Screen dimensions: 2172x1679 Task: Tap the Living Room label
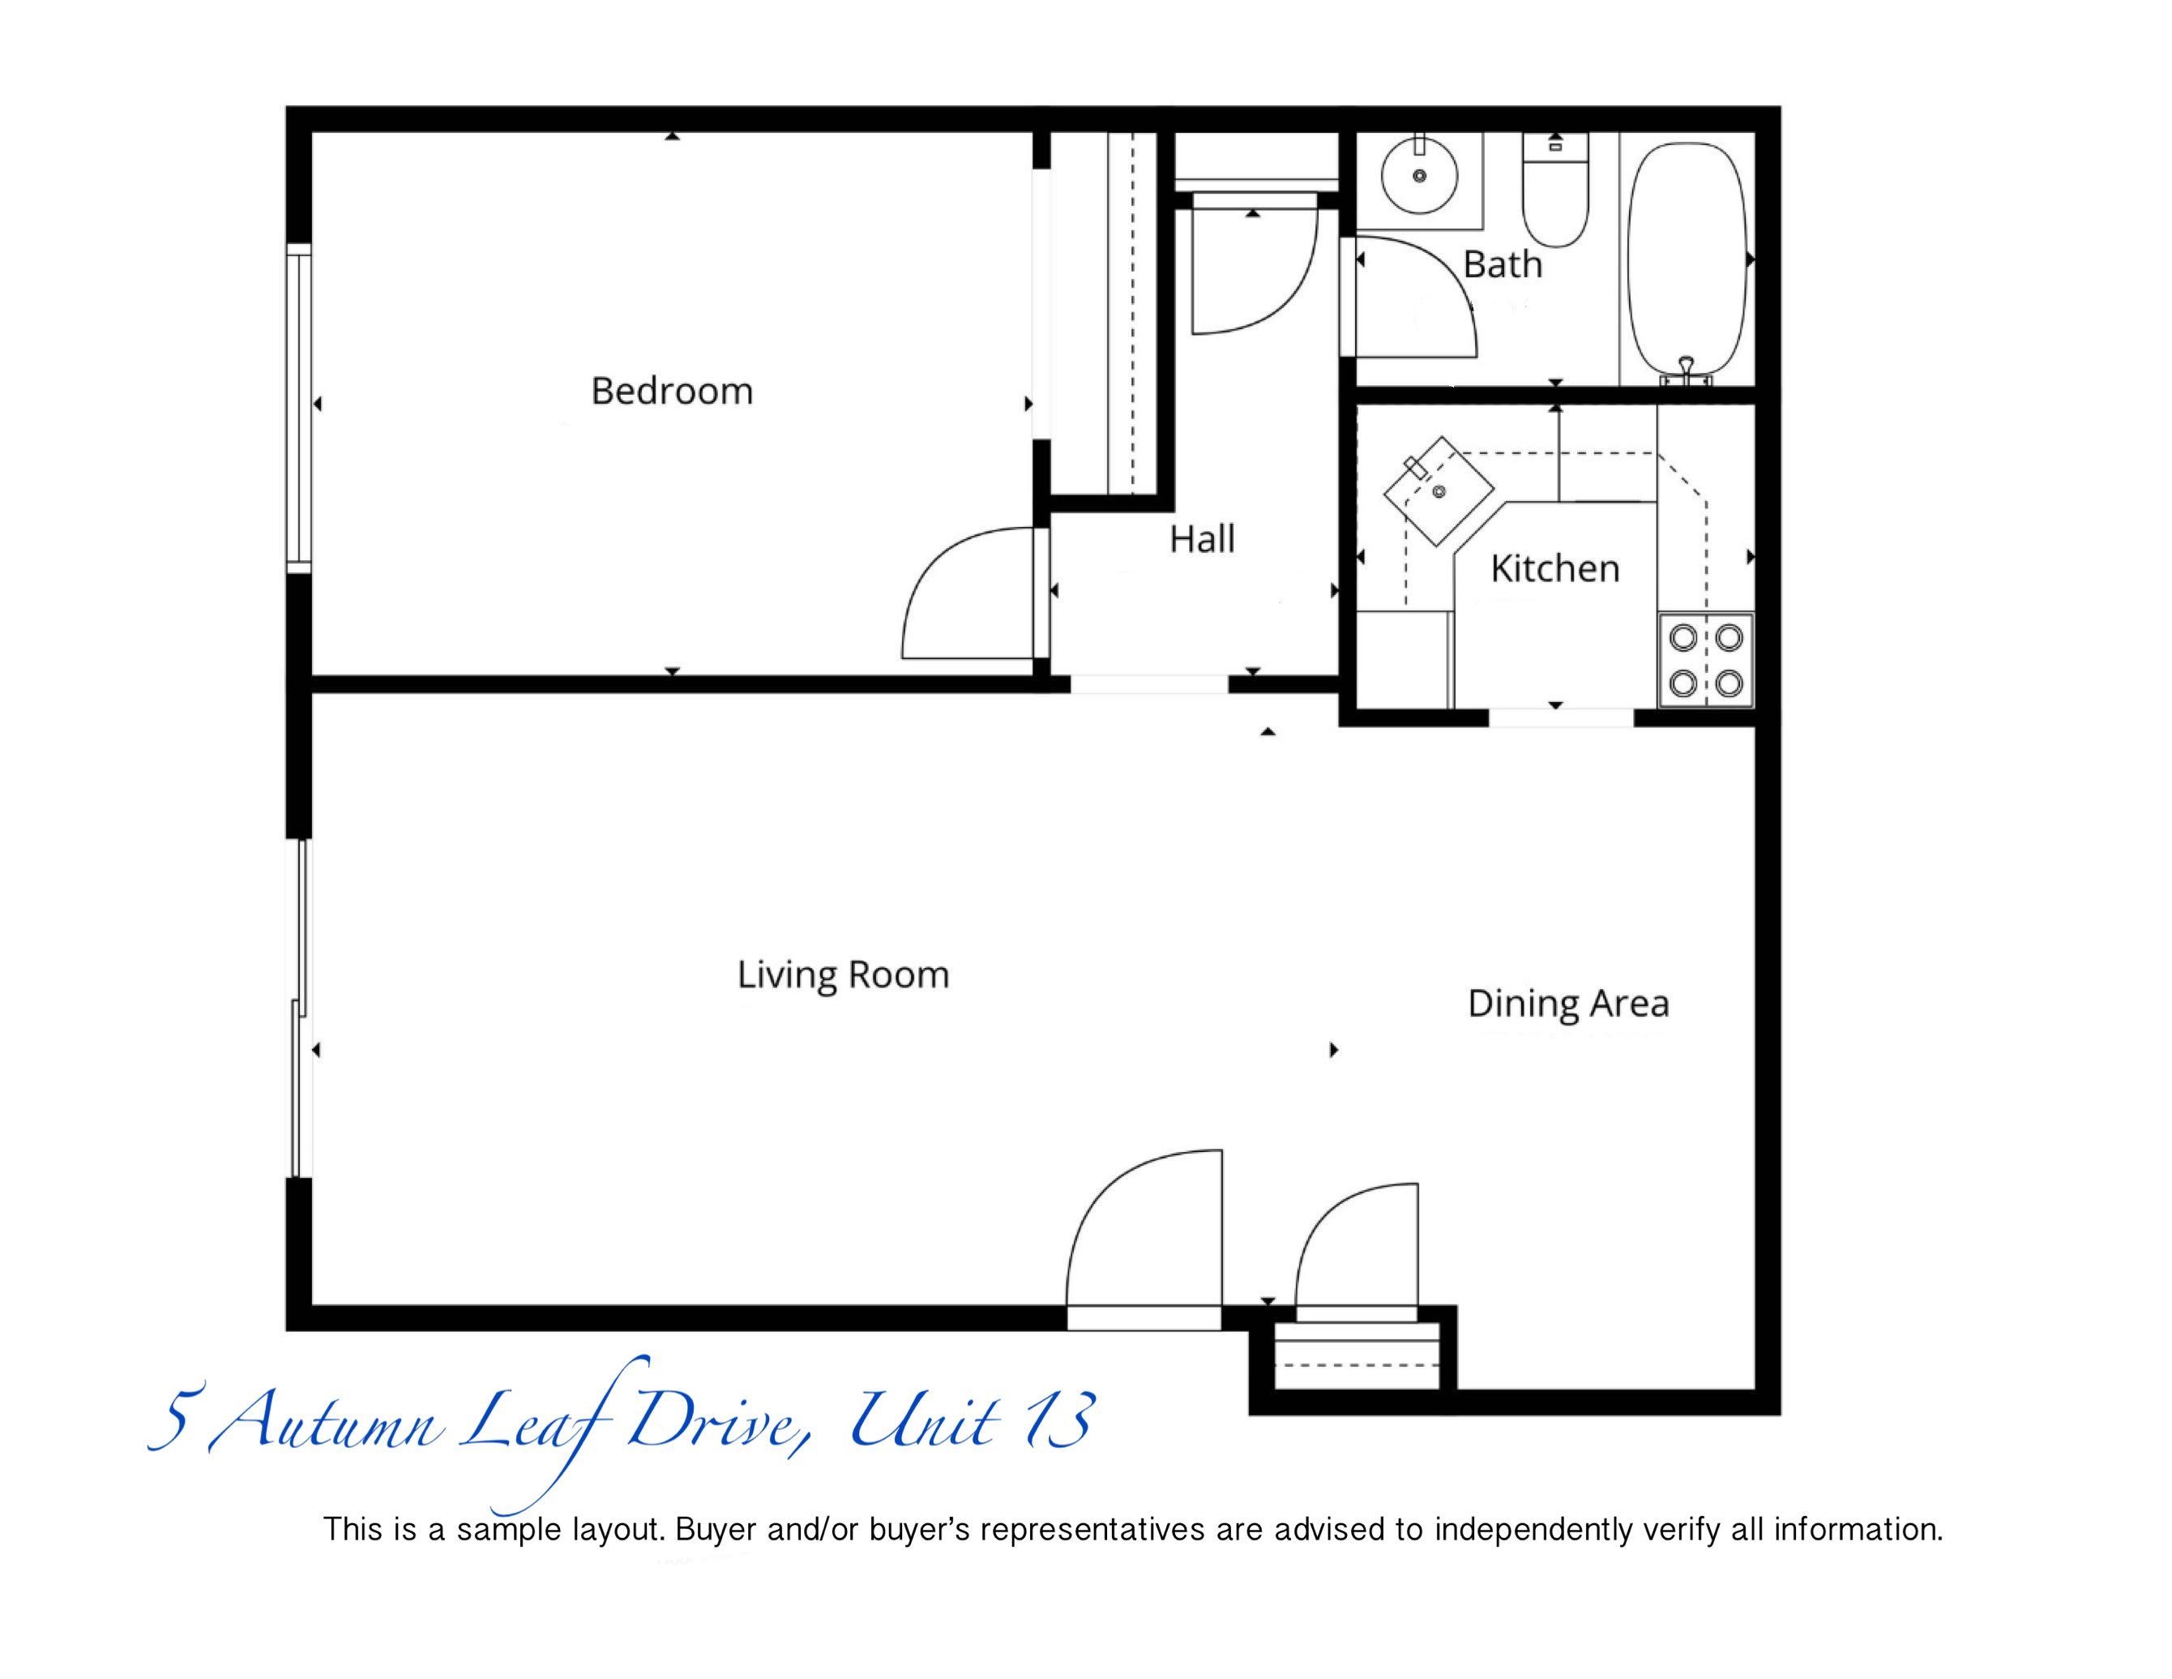[844, 974]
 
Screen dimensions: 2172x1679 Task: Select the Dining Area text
[1568, 1004]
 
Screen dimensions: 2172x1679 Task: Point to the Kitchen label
[1555, 569]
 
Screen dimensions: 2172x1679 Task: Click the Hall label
[1203, 539]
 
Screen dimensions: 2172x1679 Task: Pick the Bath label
[1503, 264]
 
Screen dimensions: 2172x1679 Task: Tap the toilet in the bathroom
[1556, 190]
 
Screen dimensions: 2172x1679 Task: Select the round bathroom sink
[1419, 176]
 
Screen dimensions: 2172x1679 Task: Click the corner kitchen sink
[1440, 490]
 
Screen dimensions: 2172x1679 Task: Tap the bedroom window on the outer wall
[299, 408]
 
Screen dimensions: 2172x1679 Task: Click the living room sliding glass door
[299, 1009]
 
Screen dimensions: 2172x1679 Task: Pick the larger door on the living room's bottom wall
[1144, 1238]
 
